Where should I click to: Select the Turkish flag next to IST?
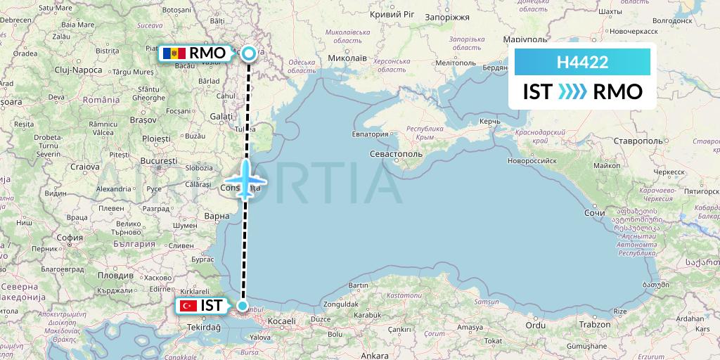(x=187, y=306)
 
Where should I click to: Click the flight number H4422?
(x=582, y=63)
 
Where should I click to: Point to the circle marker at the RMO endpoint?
(x=249, y=52)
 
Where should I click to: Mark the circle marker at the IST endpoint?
(x=243, y=306)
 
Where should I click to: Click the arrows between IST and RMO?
(x=572, y=92)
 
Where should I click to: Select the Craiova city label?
(x=84, y=167)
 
